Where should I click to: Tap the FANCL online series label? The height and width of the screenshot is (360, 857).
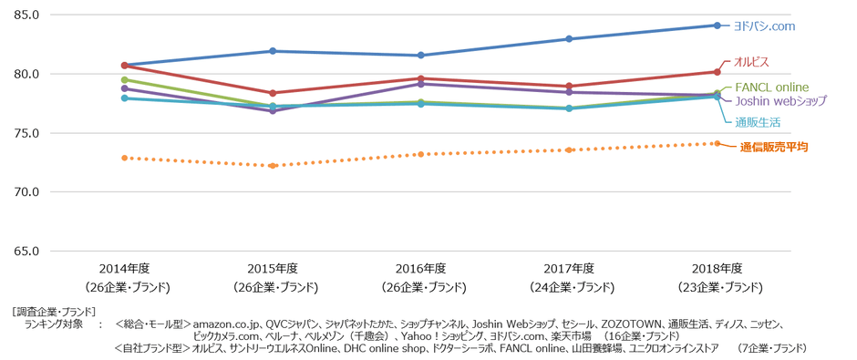click(x=771, y=87)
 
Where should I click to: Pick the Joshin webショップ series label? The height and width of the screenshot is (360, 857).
click(x=780, y=101)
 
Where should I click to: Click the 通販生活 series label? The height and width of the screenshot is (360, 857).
click(x=757, y=121)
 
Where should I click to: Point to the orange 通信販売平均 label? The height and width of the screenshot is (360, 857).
click(x=773, y=146)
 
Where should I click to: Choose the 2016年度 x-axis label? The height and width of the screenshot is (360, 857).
click(x=420, y=269)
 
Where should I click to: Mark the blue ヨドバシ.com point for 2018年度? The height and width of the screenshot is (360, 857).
click(x=717, y=26)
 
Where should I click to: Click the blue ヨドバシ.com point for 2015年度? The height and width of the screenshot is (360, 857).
click(x=272, y=51)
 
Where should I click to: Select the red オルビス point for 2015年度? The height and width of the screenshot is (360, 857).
click(x=272, y=93)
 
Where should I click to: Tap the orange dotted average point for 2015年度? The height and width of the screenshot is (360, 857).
click(x=272, y=166)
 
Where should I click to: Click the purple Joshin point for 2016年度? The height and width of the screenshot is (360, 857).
click(x=420, y=84)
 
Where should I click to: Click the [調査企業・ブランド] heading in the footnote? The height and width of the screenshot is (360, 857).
click(x=54, y=311)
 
